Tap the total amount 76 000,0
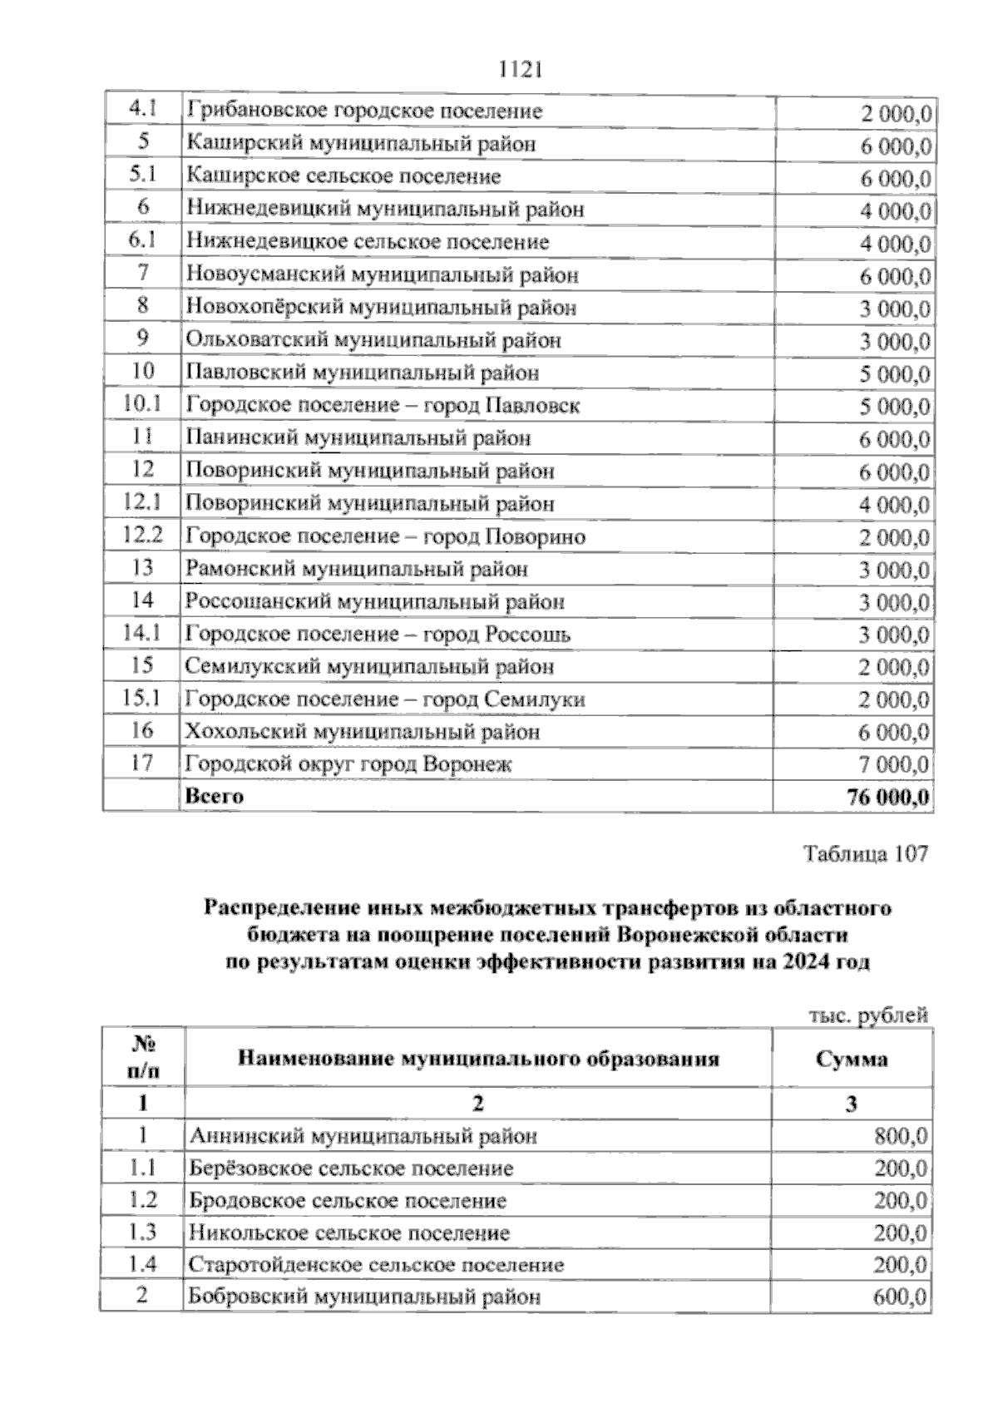(887, 797)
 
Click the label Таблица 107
(864, 854)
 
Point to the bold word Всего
(215, 796)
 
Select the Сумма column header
(851, 1059)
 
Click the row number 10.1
(141, 405)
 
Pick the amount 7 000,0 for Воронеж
(894, 764)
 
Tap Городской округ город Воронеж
(348, 763)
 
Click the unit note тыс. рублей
(867, 1015)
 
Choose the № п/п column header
(143, 1057)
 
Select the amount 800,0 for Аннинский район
(902, 1136)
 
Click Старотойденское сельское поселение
(376, 1266)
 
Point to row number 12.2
(141, 536)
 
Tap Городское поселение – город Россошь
(378, 634)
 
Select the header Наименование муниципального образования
(478, 1059)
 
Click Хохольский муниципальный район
(362, 732)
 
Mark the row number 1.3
(142, 1233)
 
